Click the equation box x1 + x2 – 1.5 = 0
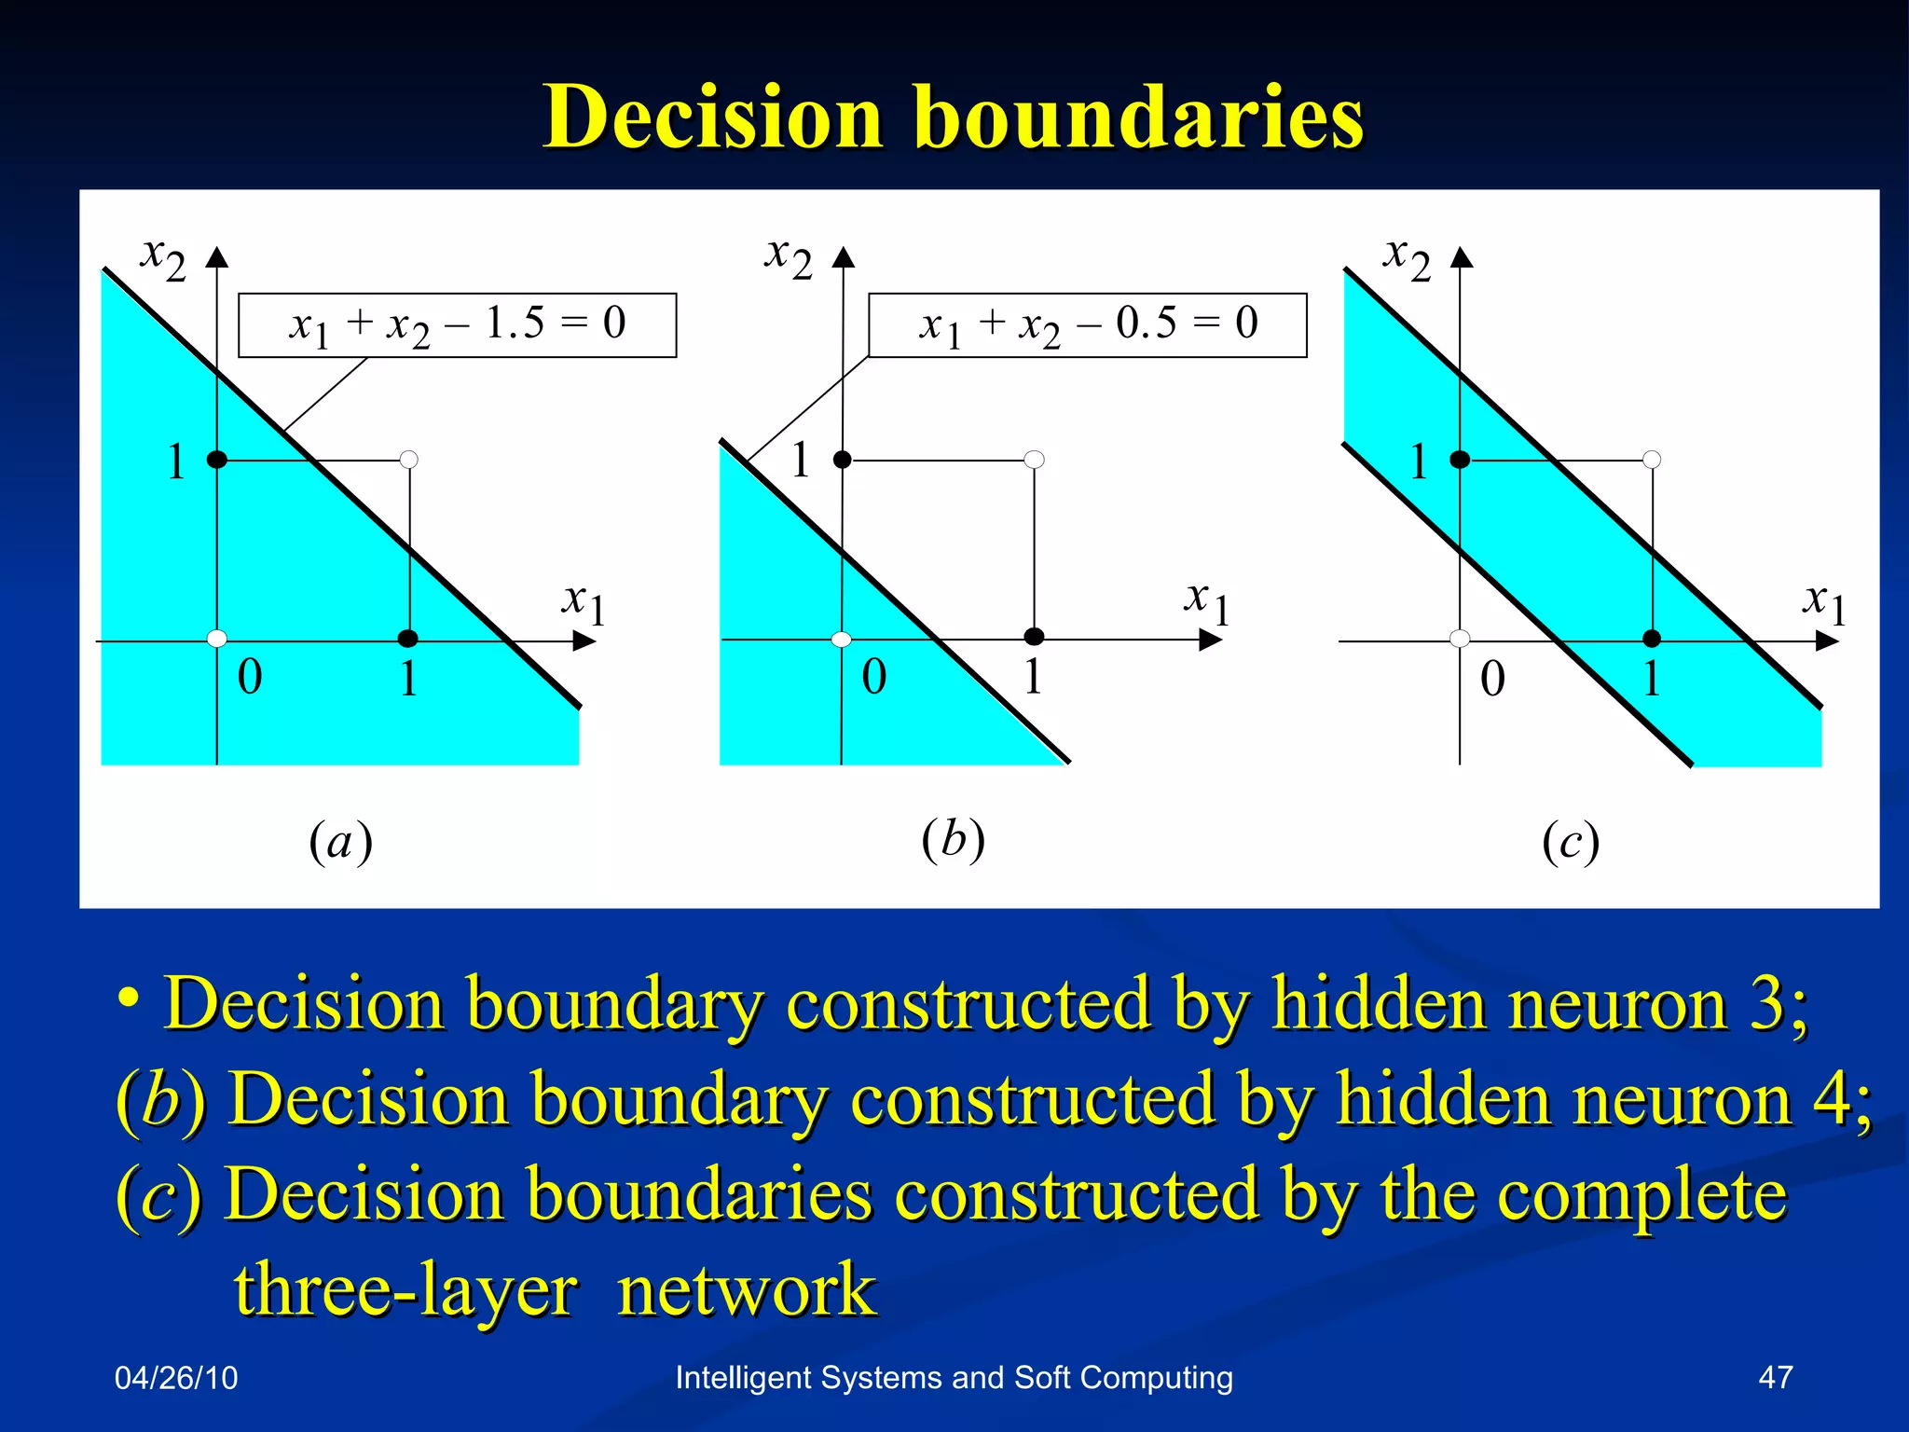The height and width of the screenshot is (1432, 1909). click(457, 325)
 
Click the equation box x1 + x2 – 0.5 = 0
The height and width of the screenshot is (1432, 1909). click(1087, 325)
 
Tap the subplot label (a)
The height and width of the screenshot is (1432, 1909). click(341, 842)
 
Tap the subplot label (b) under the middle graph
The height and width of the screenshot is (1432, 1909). click(953, 839)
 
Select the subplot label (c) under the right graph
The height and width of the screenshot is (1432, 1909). click(1571, 842)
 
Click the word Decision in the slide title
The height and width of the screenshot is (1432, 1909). click(713, 117)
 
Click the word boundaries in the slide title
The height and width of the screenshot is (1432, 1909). click(1139, 117)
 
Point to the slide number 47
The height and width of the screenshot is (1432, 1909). click(1775, 1377)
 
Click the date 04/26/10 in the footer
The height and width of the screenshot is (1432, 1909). click(176, 1378)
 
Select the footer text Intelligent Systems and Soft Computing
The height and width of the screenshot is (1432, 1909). click(954, 1377)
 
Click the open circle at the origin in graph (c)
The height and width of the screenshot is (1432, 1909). click(1460, 639)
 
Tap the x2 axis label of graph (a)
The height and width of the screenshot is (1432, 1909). click(163, 257)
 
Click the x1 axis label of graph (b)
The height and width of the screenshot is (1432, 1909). click(1207, 603)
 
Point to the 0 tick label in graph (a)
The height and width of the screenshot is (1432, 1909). click(250, 677)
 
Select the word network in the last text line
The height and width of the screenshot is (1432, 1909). click(746, 1289)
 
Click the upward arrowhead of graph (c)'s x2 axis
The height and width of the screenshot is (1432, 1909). click(1462, 257)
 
